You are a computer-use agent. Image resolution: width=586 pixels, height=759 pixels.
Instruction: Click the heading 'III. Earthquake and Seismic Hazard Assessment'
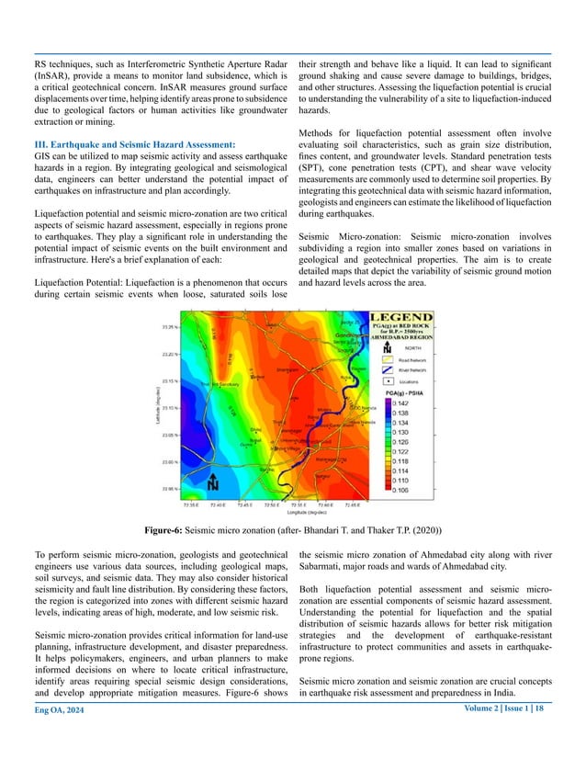[134, 145]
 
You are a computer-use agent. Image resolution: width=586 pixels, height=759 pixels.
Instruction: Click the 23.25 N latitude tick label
[168, 326]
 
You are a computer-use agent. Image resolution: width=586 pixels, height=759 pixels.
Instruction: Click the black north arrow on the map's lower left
[212, 482]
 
